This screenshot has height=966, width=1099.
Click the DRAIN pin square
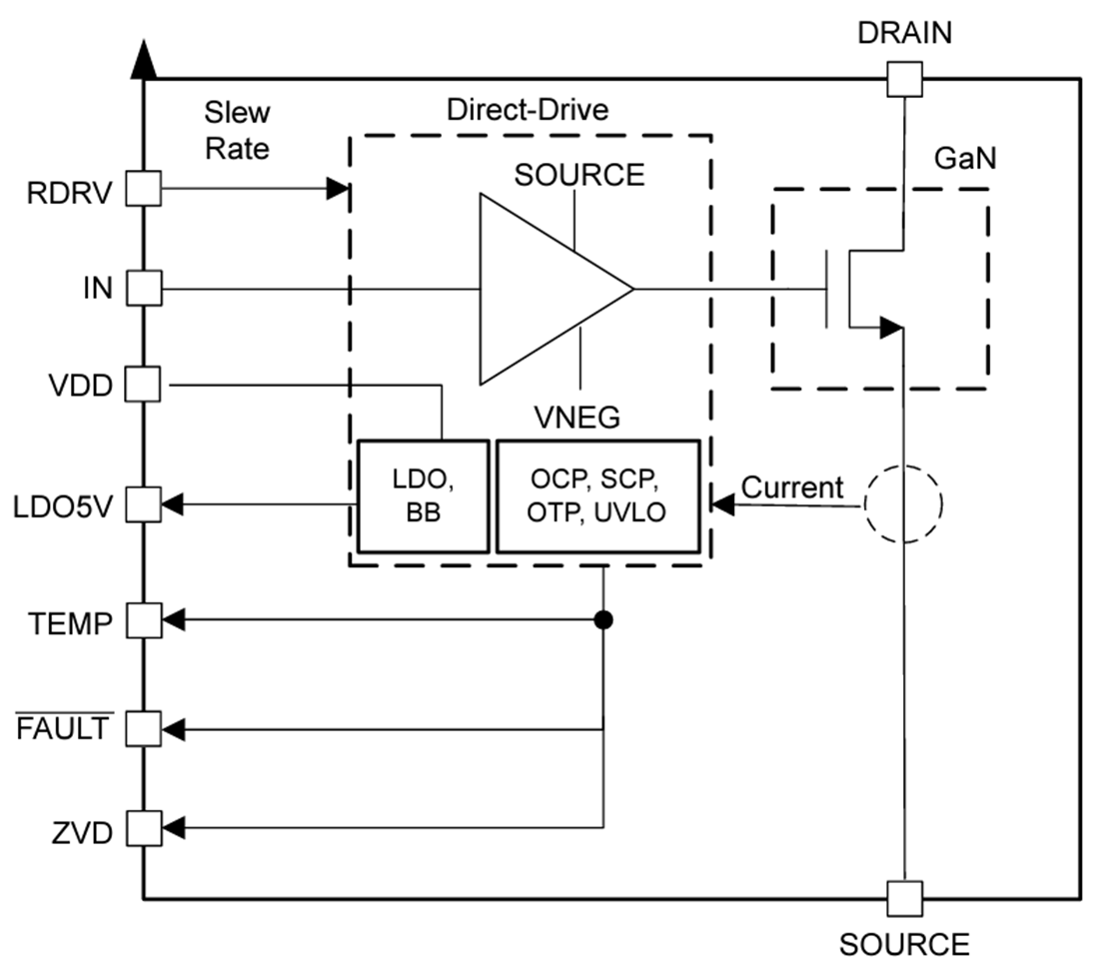coord(904,78)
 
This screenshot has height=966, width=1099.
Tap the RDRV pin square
coord(144,188)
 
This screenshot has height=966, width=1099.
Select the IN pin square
coord(144,290)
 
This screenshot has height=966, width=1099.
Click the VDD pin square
coord(144,384)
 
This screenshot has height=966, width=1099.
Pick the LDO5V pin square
coord(144,504)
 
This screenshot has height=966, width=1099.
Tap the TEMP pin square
coord(144,620)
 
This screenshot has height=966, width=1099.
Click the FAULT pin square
coord(144,729)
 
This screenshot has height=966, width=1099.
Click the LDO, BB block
coord(423,496)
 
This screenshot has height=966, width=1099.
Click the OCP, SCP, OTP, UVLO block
coord(596,496)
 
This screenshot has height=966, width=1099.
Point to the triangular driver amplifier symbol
coord(545,290)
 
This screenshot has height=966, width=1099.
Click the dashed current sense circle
coord(902,505)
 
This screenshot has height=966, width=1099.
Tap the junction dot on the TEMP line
coord(602,620)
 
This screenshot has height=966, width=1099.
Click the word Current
coord(792,488)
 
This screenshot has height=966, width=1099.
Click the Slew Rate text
coord(237,130)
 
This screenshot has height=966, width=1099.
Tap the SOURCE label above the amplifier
coord(579,175)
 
